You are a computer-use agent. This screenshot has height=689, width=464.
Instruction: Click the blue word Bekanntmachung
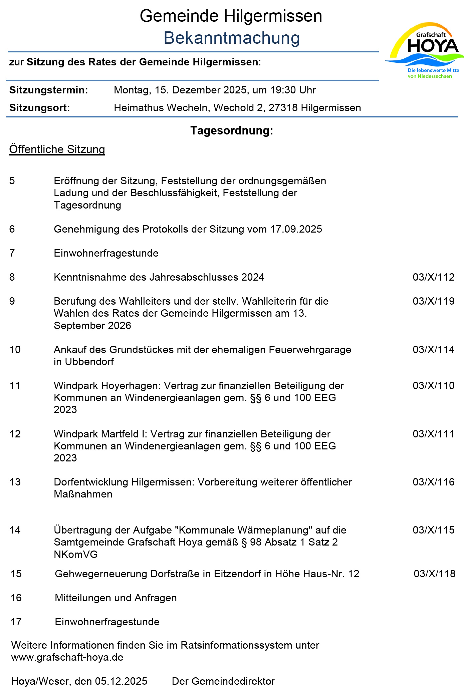232,38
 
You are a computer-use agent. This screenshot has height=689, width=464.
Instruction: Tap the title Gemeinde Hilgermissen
231,16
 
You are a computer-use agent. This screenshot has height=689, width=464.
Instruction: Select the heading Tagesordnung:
232,130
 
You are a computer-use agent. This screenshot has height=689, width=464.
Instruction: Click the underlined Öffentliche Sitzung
57,149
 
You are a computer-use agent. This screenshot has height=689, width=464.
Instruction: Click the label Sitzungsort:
40,108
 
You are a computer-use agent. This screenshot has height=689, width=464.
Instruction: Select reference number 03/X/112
433,277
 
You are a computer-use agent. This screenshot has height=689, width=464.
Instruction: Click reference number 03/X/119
433,301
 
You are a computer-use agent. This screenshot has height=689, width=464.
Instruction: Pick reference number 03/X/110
433,385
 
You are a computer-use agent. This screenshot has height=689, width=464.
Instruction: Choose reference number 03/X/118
434,574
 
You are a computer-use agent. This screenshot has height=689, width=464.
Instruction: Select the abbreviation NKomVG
76,554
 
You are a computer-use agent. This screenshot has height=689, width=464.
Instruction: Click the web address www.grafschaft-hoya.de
67,657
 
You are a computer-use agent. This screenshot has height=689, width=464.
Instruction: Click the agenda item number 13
15,482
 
